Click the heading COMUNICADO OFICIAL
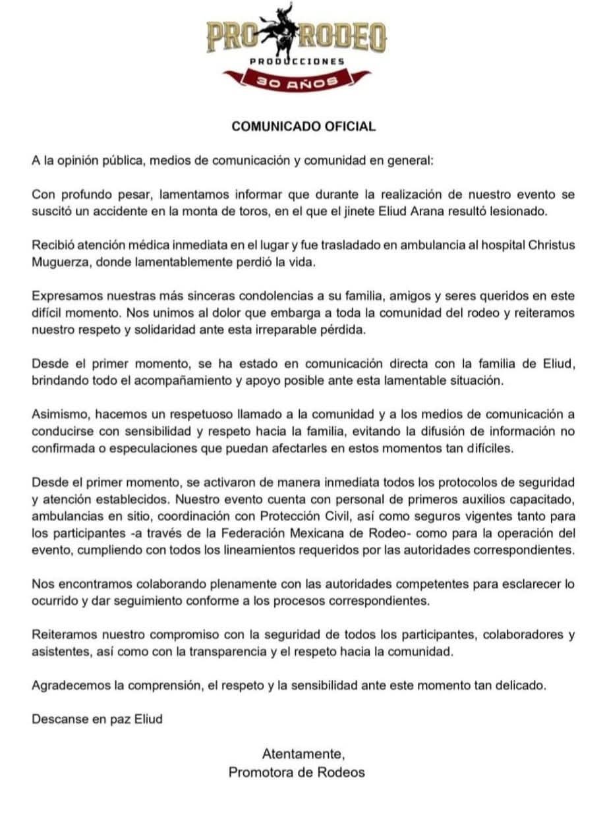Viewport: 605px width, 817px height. pyautogui.click(x=303, y=127)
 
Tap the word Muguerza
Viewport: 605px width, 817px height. pyautogui.click(x=60, y=262)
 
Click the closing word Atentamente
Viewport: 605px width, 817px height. pyautogui.click(x=303, y=753)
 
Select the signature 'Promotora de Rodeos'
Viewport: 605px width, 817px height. pyautogui.click(x=297, y=772)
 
